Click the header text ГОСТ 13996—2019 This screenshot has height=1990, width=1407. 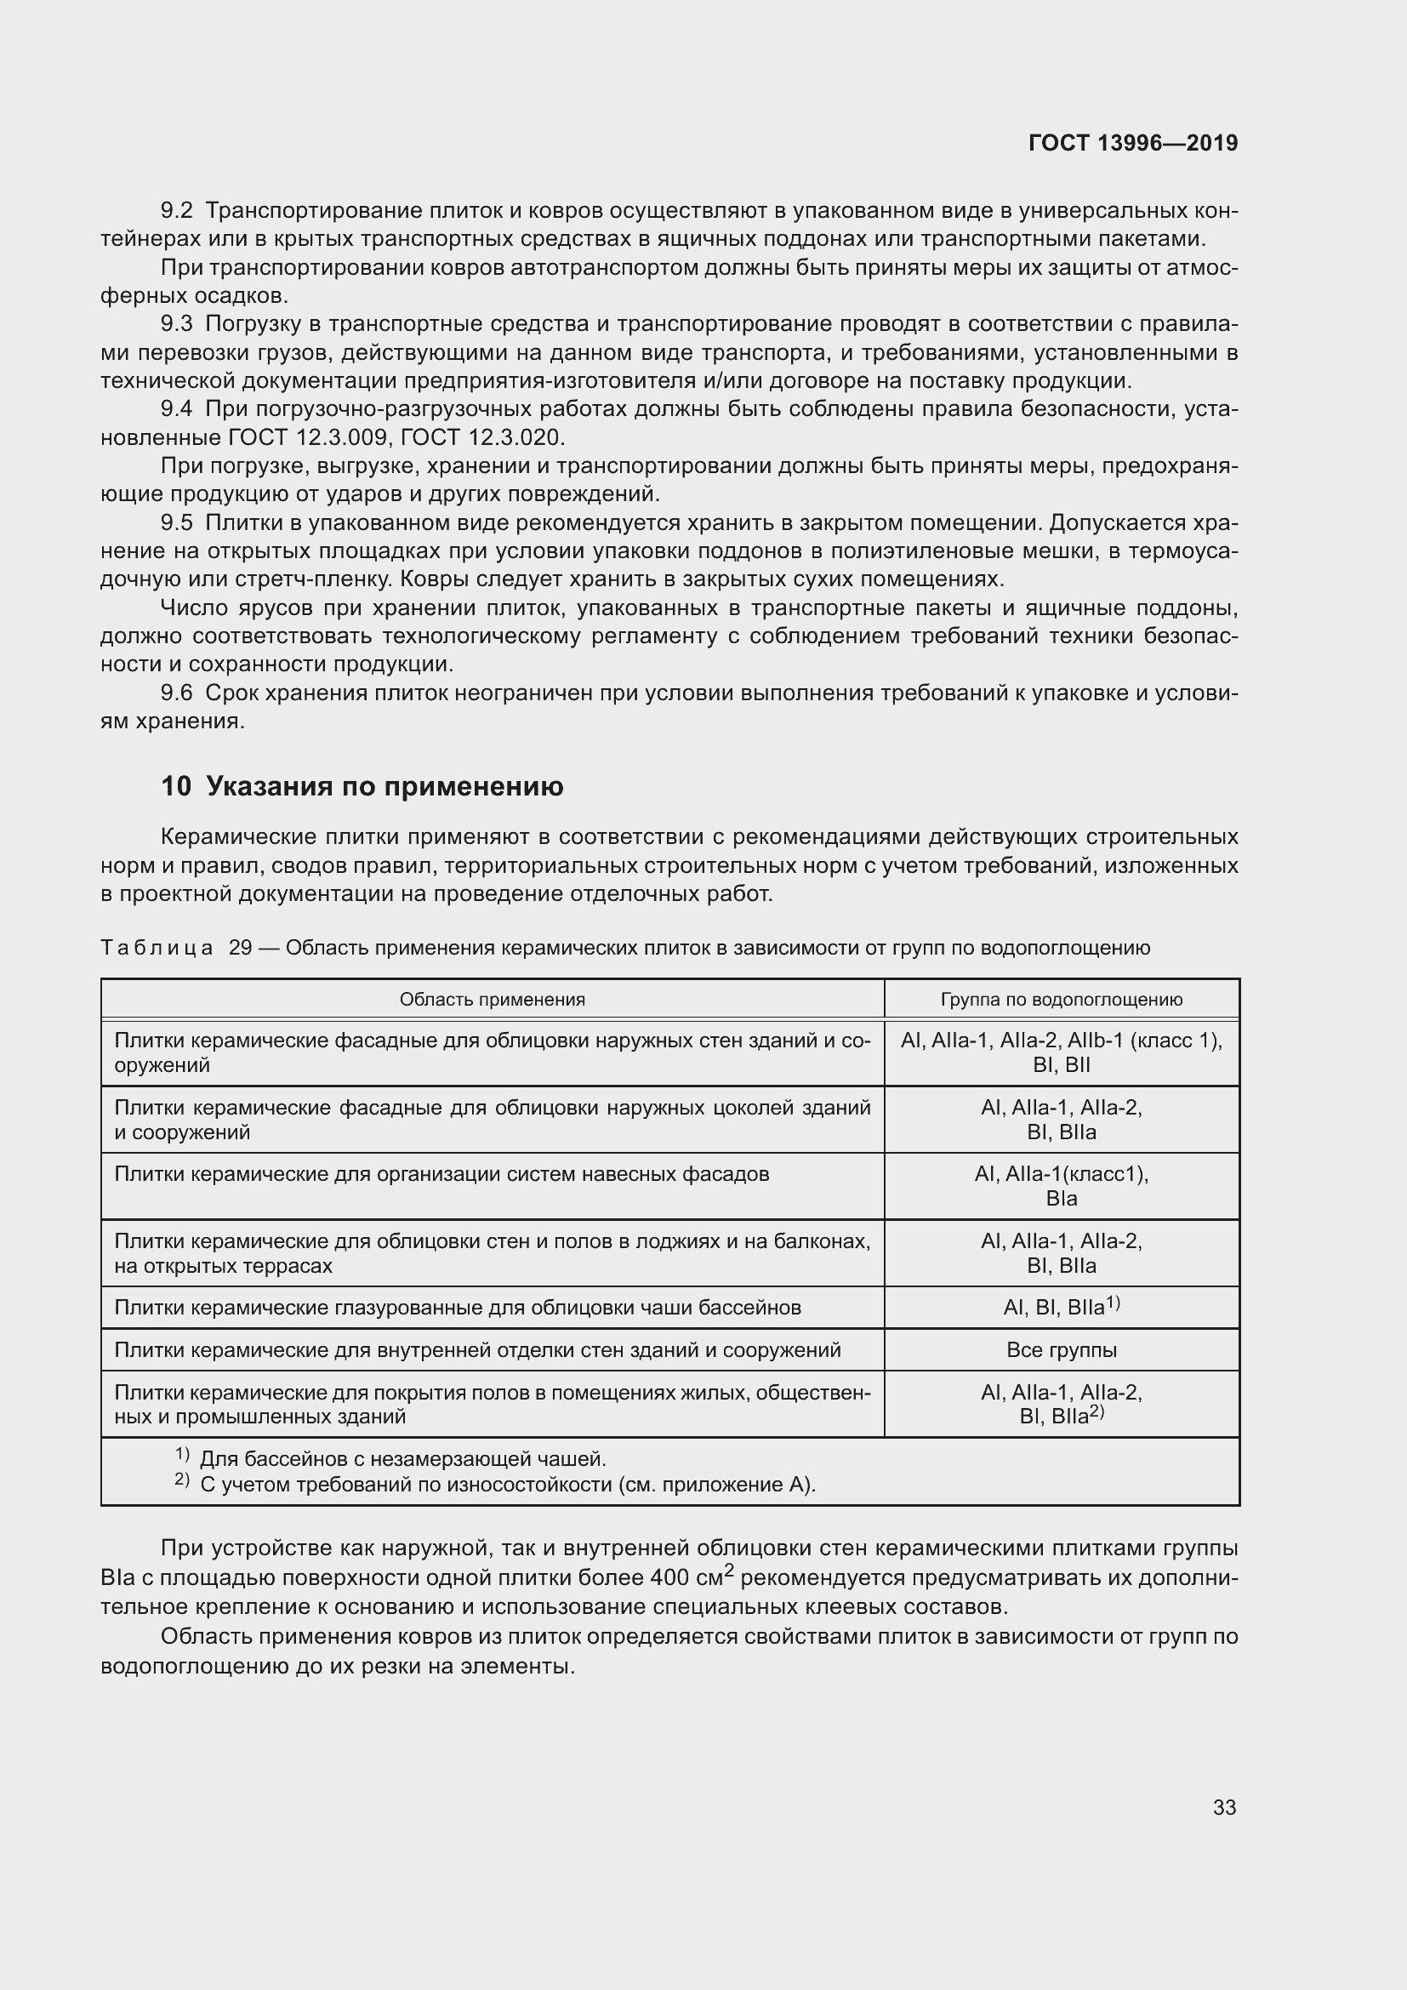[1132, 143]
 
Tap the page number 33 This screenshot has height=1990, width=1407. [1224, 1807]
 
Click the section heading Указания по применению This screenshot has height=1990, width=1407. [385, 786]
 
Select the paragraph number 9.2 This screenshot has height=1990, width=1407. [176, 211]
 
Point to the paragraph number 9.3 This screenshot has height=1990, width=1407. [176, 324]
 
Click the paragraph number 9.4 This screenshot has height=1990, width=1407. [176, 409]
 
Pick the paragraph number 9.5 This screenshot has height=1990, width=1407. [176, 522]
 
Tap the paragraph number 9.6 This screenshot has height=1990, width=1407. [176, 693]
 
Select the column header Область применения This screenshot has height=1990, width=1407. [492, 1000]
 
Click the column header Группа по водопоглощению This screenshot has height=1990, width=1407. [1062, 1000]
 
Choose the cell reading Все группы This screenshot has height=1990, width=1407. [1062, 1349]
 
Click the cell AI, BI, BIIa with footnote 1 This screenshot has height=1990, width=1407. [1062, 1307]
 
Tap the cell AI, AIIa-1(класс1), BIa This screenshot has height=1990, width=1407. [1062, 1186]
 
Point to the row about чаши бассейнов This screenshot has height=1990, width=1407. [458, 1307]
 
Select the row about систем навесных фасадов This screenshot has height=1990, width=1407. [441, 1174]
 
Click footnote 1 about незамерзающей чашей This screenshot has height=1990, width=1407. [402, 1460]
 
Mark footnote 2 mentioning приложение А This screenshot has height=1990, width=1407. [507, 1485]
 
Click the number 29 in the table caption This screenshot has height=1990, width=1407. [240, 948]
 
